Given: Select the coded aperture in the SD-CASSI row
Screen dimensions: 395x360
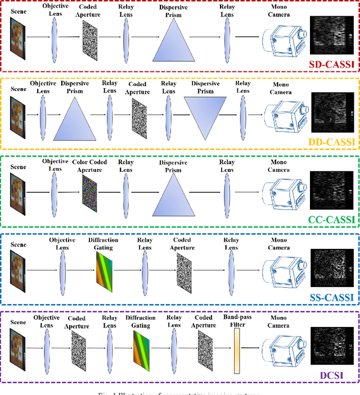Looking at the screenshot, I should [x=89, y=37].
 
